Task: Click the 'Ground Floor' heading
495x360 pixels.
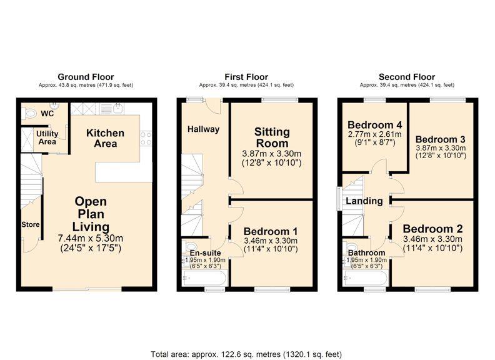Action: coord(86,77)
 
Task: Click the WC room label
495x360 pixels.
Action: coord(47,114)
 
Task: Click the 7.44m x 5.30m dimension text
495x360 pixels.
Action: coord(91,238)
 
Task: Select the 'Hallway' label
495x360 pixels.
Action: coord(204,129)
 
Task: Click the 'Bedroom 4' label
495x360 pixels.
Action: coord(373,123)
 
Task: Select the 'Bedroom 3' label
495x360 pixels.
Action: coord(440,139)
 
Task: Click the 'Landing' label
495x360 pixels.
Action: coord(365,201)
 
